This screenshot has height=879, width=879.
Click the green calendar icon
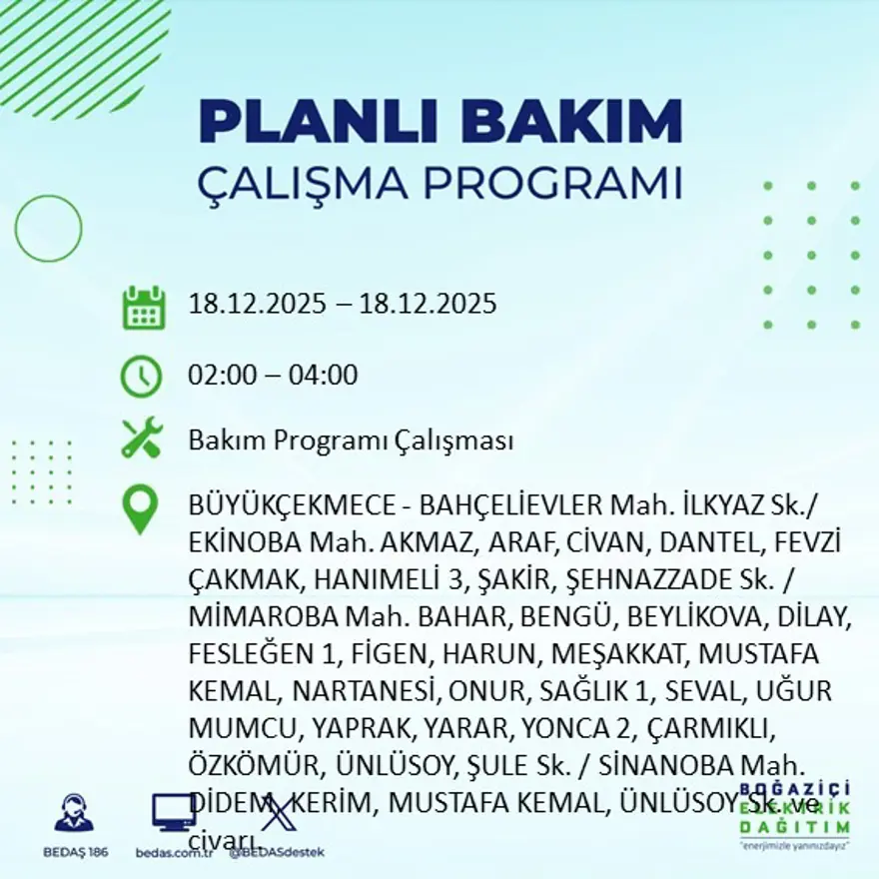[143, 308]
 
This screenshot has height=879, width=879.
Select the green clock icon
[141, 377]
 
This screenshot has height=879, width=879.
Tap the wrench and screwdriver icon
[141, 439]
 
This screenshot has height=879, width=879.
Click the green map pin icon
[140, 508]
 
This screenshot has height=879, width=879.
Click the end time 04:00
[324, 377]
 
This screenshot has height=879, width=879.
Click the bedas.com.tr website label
[174, 853]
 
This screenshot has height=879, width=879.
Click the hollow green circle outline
[48, 228]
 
